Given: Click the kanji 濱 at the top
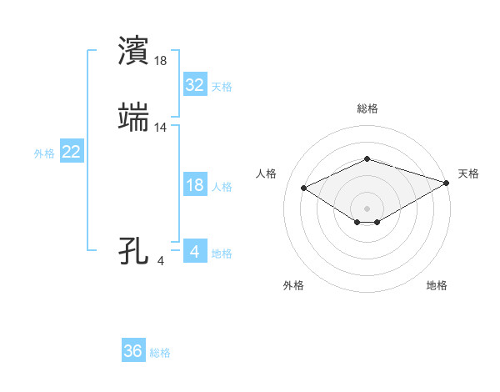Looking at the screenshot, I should (x=135, y=52).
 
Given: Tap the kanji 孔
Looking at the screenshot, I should (x=135, y=251).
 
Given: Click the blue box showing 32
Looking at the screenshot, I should (x=194, y=85).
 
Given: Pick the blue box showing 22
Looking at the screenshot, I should (x=72, y=152).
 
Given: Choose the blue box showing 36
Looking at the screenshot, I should (x=133, y=351).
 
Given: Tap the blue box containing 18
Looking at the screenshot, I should (x=194, y=185).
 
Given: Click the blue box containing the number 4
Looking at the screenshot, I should (x=194, y=251).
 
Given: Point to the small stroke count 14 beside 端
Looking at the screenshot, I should (x=161, y=127).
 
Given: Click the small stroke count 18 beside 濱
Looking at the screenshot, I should (x=161, y=60).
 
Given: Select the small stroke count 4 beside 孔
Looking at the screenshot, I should (x=161, y=260).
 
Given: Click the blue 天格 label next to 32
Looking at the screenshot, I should (x=222, y=87).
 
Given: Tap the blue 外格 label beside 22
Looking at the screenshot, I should (x=44, y=153).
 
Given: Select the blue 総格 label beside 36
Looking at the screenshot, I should (x=160, y=353).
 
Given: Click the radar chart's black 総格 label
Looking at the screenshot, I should (x=367, y=108).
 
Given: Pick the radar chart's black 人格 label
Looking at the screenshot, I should (x=267, y=173).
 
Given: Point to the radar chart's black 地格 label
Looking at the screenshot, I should (x=437, y=285).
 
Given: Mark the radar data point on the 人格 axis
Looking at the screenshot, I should (x=303, y=187).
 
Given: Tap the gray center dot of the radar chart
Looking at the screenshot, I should (x=367, y=208).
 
